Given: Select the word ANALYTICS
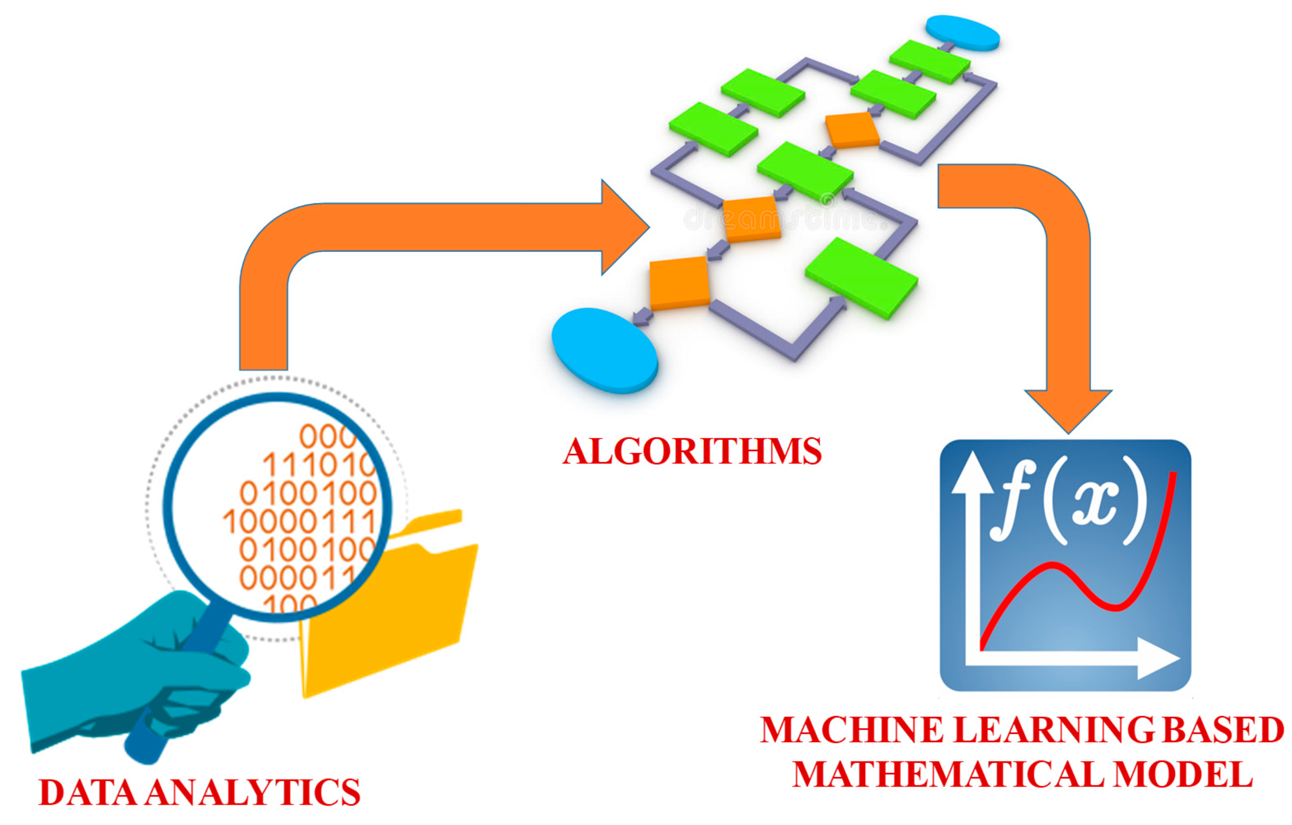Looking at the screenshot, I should point(253,793).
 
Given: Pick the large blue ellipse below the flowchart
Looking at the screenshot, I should point(605,350).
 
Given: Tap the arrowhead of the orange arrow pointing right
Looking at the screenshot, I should point(623,227).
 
